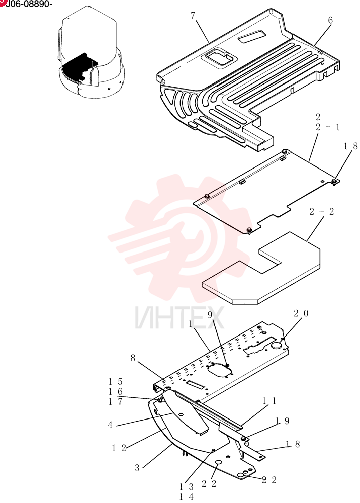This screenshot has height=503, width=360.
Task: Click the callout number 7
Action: click(x=193, y=16)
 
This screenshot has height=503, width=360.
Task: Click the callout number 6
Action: click(x=330, y=21)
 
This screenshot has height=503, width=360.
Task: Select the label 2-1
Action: click(x=327, y=127)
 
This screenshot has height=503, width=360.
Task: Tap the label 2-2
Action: click(x=321, y=211)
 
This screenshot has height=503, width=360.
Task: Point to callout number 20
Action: click(x=301, y=313)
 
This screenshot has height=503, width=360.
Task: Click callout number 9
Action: click(x=210, y=315)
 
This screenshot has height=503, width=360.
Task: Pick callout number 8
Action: click(x=133, y=358)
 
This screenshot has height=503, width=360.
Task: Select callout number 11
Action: click(x=269, y=401)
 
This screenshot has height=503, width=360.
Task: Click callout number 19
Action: click(x=283, y=421)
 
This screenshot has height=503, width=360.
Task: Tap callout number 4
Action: click(x=110, y=425)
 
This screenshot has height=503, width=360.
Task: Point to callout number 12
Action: click(x=119, y=448)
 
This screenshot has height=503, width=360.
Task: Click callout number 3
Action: click(x=137, y=468)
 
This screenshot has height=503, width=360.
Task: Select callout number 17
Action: click(x=116, y=401)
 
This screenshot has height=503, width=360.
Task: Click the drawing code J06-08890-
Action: click(x=28, y=4)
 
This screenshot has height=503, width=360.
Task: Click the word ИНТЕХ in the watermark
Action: click(x=179, y=318)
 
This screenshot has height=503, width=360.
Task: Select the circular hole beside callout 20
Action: click(x=277, y=346)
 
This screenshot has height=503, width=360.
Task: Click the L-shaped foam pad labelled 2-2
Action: click(x=261, y=268)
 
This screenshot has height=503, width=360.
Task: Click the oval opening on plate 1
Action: click(x=220, y=369)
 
